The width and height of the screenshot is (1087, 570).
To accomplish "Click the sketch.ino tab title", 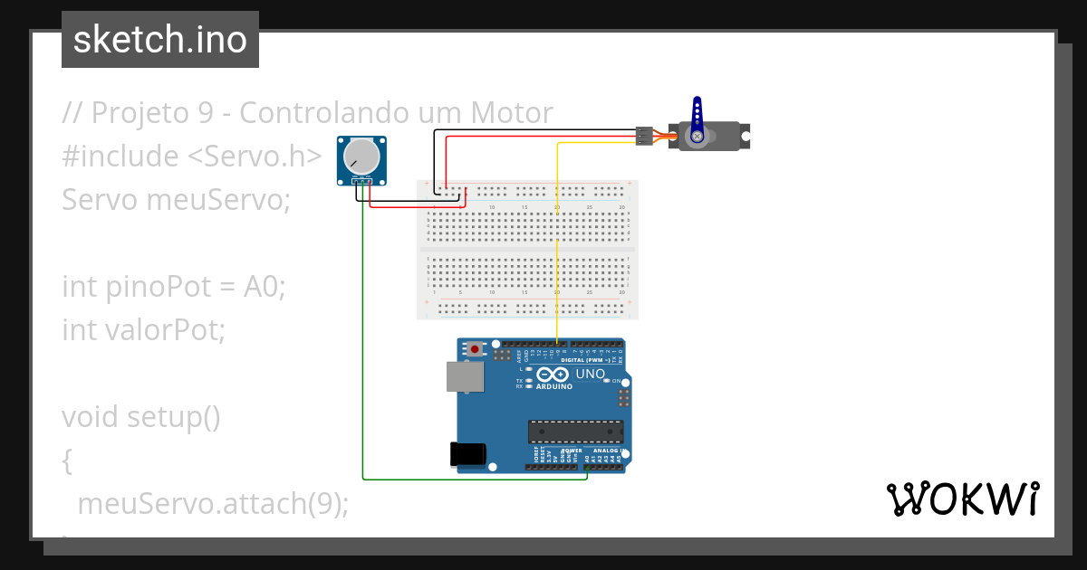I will (160, 40).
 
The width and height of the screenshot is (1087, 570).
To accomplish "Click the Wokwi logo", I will (962, 499).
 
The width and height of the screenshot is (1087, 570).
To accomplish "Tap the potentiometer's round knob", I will (361, 158).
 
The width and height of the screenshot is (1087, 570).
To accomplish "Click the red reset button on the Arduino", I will (475, 348).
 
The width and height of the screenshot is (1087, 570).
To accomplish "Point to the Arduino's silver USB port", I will (465, 376).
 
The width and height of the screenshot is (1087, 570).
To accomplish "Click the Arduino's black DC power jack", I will (467, 454).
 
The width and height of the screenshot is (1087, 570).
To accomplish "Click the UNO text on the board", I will (591, 374).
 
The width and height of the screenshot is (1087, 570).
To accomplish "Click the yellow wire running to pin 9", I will (556, 244).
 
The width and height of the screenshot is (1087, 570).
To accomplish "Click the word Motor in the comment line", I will (512, 113).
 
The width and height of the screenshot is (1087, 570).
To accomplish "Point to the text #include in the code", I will (120, 156).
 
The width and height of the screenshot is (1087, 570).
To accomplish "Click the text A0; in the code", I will (265, 287).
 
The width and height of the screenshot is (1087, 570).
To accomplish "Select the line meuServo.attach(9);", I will (213, 504).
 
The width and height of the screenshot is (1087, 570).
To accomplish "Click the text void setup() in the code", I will (141, 417).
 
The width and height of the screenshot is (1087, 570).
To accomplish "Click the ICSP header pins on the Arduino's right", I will (623, 397).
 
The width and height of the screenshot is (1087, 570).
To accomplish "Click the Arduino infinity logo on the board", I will (552, 375).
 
